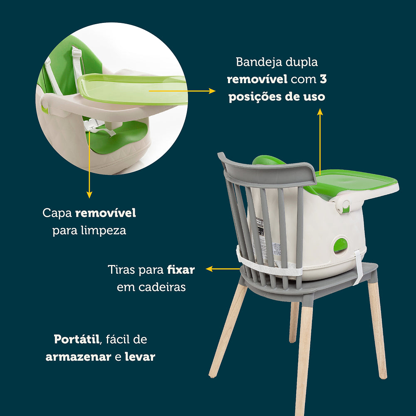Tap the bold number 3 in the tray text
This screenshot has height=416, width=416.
click(x=323, y=79)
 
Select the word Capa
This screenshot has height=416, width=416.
click(x=57, y=213)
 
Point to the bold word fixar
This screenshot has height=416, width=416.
click(x=181, y=270)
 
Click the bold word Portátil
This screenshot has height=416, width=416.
click(x=77, y=339)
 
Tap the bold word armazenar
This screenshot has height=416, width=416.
click(x=78, y=357)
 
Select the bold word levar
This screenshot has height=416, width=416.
click(x=140, y=357)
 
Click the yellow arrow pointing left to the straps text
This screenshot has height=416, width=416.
click(x=209, y=269)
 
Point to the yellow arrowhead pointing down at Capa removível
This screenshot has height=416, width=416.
click(x=89, y=194)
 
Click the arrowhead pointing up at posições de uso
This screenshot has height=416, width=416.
click(x=320, y=111)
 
